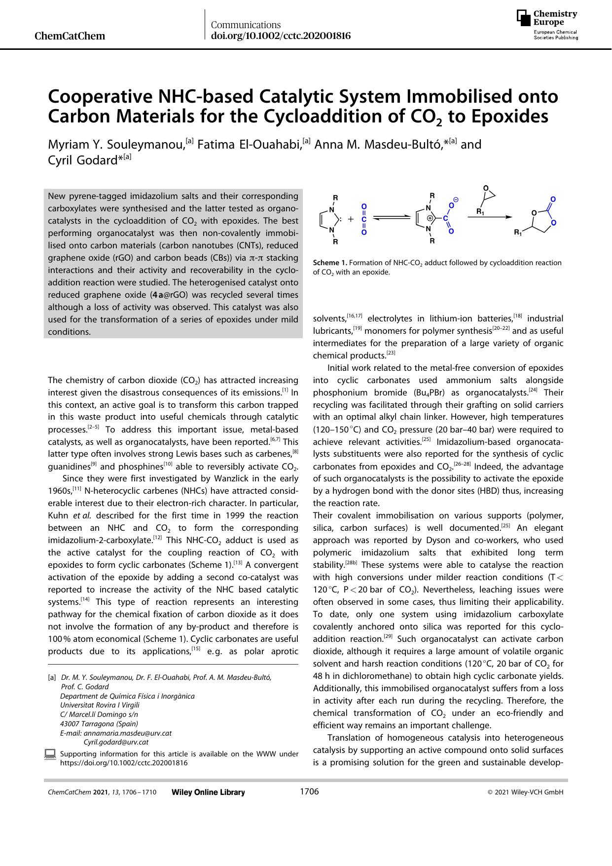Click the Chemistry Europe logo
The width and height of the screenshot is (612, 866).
coord(547,24)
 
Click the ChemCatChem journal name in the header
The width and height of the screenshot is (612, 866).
coord(71,36)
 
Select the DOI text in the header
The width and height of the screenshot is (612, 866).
coord(281,36)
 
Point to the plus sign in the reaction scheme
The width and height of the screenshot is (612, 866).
coord(351,218)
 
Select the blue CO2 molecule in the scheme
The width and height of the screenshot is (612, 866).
coord(364,218)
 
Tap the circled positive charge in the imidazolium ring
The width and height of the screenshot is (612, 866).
coord(430,218)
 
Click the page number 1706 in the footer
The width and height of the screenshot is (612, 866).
coord(309,792)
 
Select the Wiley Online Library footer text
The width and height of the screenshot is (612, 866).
coord(208,792)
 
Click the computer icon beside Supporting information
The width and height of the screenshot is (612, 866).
coord(50,754)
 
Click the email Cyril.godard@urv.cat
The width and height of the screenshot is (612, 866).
coord(116,742)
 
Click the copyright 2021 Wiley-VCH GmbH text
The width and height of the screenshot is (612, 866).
coord(525,792)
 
